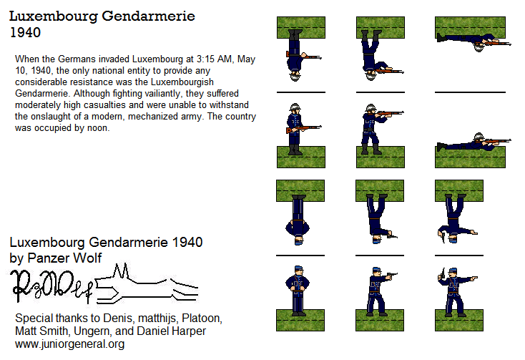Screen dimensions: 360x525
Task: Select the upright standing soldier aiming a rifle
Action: (376, 129)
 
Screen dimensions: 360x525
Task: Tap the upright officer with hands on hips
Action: (296, 289)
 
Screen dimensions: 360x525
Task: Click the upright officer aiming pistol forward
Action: (375, 289)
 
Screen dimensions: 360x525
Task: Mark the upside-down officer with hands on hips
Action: (296, 218)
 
